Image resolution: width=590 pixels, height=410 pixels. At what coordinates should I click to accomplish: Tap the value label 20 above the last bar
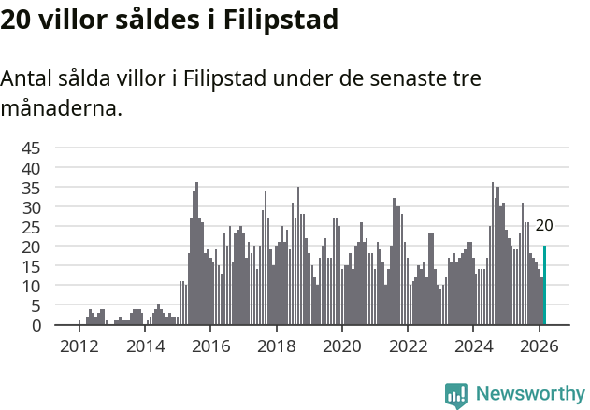point(544,225)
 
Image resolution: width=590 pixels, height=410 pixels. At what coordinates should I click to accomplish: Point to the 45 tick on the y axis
point(31,148)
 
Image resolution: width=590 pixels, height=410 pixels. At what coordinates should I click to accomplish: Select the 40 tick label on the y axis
point(31,167)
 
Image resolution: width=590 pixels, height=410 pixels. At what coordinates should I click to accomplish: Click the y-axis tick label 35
point(31,187)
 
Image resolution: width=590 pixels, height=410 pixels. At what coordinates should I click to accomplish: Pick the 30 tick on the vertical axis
point(31,206)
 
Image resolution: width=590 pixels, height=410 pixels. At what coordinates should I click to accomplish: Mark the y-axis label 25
point(31,226)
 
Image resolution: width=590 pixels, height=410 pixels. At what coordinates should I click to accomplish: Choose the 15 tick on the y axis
point(31,266)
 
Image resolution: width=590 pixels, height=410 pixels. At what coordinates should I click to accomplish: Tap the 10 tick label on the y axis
point(31,286)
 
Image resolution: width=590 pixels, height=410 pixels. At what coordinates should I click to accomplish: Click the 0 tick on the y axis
point(36,325)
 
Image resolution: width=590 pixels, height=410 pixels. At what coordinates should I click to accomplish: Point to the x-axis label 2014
point(144,346)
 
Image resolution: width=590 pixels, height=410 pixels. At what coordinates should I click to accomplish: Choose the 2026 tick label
point(540,346)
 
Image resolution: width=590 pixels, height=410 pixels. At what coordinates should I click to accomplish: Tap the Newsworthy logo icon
point(456,395)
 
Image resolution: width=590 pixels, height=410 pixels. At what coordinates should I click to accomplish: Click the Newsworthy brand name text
point(530,394)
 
